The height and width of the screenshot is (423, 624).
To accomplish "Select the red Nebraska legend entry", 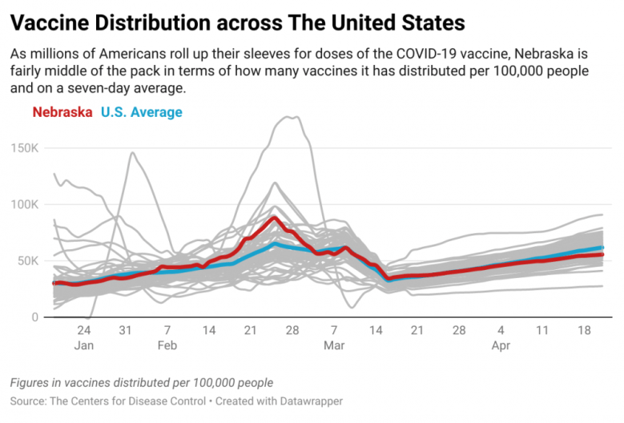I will [x=62, y=112].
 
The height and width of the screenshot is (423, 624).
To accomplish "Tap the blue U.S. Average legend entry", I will [x=142, y=112].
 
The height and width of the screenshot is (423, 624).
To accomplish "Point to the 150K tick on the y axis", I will [x=26, y=147].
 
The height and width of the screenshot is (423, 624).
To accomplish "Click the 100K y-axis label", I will [x=26, y=204].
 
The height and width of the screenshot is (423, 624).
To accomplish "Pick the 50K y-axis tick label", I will [x=29, y=261].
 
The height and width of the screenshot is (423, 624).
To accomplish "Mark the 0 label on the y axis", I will [x=34, y=317].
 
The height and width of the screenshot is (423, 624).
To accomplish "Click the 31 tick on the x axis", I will [x=125, y=331].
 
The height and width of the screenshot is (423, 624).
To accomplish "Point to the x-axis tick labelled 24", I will [x=84, y=331].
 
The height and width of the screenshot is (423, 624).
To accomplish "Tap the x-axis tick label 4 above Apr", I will [x=501, y=331].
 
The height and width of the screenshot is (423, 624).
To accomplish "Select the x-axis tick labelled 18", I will [x=584, y=331].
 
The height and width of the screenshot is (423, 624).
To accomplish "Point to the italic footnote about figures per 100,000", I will [x=142, y=382].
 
